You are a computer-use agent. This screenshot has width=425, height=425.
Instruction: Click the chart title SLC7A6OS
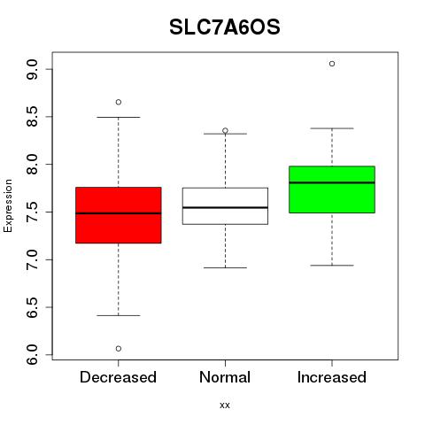[225, 27]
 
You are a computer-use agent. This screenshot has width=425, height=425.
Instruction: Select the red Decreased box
[119, 215]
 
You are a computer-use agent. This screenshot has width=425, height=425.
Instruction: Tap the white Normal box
[225, 206]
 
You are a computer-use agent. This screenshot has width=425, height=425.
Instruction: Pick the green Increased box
[332, 189]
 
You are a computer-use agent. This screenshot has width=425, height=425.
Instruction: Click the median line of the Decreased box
[119, 213]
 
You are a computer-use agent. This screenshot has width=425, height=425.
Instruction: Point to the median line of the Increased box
[332, 182]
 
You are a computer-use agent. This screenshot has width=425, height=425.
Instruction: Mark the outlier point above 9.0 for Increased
[332, 64]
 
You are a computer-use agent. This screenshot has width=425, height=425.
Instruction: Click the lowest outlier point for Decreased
[119, 349]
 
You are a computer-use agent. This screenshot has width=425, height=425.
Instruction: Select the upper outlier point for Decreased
[119, 102]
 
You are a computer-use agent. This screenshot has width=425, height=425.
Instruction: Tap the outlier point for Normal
[225, 130]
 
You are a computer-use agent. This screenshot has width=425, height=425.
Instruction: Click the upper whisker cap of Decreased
[119, 117]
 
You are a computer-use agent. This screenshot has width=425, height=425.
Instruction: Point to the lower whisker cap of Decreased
[119, 315]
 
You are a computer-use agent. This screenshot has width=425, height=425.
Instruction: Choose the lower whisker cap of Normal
[225, 267]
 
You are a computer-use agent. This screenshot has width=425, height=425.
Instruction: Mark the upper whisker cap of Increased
[332, 128]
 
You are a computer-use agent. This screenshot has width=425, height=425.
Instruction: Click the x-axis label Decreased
[118, 377]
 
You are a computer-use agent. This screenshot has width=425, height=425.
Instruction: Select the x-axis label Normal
[225, 377]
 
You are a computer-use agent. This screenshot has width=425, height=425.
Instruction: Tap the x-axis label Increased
[332, 377]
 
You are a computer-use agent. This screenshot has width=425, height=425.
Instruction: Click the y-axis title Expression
[8, 205]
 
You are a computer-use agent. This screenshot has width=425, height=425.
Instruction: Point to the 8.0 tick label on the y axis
[32, 165]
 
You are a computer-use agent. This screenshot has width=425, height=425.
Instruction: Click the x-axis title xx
[225, 406]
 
